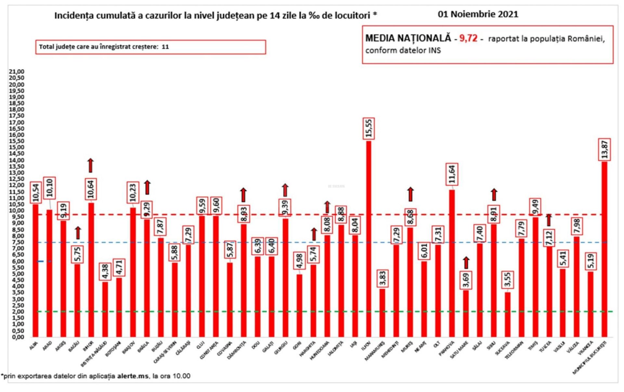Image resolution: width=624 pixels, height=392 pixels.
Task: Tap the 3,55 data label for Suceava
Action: [x=507, y=280]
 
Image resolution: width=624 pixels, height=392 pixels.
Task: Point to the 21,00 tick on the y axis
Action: [x=17, y=72]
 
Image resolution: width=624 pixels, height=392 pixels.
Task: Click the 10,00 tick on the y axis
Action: [x=17, y=210]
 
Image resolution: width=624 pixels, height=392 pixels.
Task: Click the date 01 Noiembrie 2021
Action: [x=478, y=14]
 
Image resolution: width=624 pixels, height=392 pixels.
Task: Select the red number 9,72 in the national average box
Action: [x=468, y=38]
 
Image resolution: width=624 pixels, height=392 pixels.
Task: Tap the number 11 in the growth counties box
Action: [x=165, y=47]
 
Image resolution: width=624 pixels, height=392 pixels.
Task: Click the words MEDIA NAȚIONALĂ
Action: [x=408, y=38]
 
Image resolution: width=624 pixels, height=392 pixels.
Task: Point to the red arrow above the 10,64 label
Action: [x=91, y=165]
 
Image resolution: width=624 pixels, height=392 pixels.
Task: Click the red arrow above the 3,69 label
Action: [x=466, y=262]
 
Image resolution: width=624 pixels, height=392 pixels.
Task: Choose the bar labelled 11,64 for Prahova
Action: [x=452, y=263]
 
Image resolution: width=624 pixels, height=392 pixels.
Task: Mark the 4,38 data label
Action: [x=105, y=271]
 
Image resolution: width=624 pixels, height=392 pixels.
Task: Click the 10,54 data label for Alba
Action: [x=36, y=192]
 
